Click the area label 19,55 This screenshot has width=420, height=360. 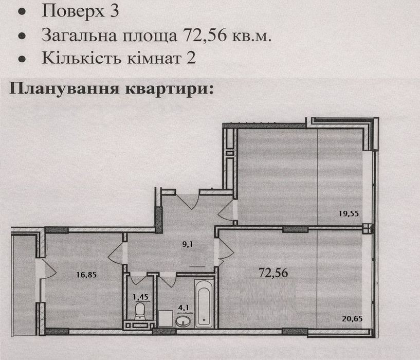(348, 213)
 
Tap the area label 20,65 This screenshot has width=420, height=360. (353, 319)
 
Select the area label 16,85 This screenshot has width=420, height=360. (86, 275)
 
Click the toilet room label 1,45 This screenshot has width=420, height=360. (141, 297)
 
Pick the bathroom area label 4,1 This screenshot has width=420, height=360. (184, 308)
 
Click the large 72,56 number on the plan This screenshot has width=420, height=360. (273, 273)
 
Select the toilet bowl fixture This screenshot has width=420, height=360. (139, 311)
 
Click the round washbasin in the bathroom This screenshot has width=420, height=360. (183, 320)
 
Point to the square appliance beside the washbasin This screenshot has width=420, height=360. (165, 318)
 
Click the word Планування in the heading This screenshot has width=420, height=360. (64, 88)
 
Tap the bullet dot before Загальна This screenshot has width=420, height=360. (22, 36)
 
